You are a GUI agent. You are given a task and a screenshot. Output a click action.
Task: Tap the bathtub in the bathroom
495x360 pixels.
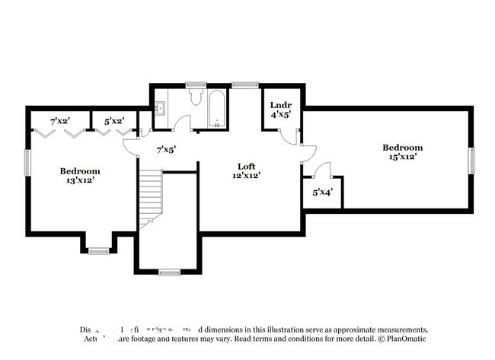pos(216,109)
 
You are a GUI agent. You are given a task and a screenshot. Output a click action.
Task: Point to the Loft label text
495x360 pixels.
pos(246,166)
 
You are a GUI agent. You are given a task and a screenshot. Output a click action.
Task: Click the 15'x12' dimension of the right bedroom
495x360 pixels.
pos(401,158)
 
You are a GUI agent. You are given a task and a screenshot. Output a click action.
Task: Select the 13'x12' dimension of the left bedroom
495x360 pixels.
pos(81,181)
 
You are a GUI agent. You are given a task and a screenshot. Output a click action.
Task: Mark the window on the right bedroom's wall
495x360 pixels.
pos(471,160)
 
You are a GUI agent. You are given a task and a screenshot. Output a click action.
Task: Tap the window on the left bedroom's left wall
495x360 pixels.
pos(28,162)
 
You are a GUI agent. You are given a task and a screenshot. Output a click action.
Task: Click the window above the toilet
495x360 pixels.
pos(196,84)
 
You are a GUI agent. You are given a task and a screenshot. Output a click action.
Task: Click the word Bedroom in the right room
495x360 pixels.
pos(402,148)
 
